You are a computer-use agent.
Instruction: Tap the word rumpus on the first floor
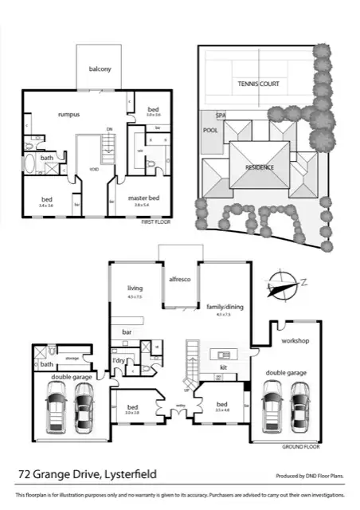click(68, 115)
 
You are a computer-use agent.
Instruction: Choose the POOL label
click(210, 129)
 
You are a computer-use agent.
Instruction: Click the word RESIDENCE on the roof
click(260, 167)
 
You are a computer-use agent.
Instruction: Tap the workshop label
click(295, 341)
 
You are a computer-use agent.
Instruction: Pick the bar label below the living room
click(126, 331)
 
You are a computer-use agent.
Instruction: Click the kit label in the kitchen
click(223, 367)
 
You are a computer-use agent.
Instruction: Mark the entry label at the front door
click(180, 406)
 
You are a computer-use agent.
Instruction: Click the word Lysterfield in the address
click(129, 475)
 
